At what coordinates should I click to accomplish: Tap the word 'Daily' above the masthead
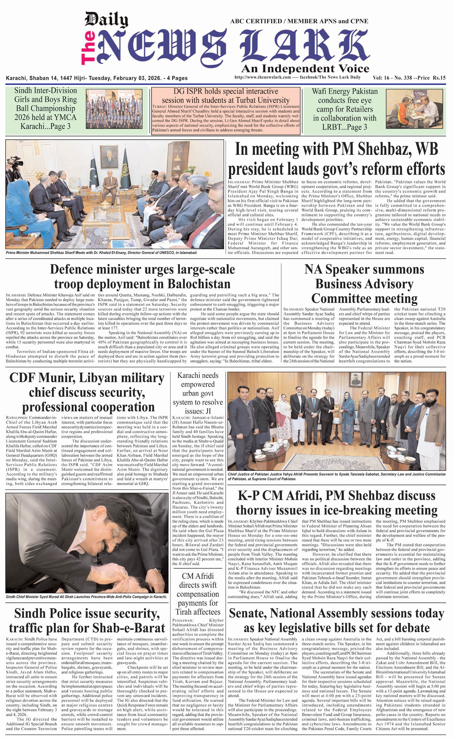click(x=106, y=20)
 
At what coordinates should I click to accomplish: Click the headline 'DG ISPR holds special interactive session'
click(x=226, y=96)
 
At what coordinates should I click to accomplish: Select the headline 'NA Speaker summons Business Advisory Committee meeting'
click(x=364, y=284)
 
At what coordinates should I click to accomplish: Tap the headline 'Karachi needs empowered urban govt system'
click(x=198, y=393)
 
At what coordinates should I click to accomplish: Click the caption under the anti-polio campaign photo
click(x=87, y=596)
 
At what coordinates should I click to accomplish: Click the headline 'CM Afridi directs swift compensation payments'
click(x=198, y=594)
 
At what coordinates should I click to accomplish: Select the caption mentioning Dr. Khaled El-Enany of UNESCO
click(x=102, y=252)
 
